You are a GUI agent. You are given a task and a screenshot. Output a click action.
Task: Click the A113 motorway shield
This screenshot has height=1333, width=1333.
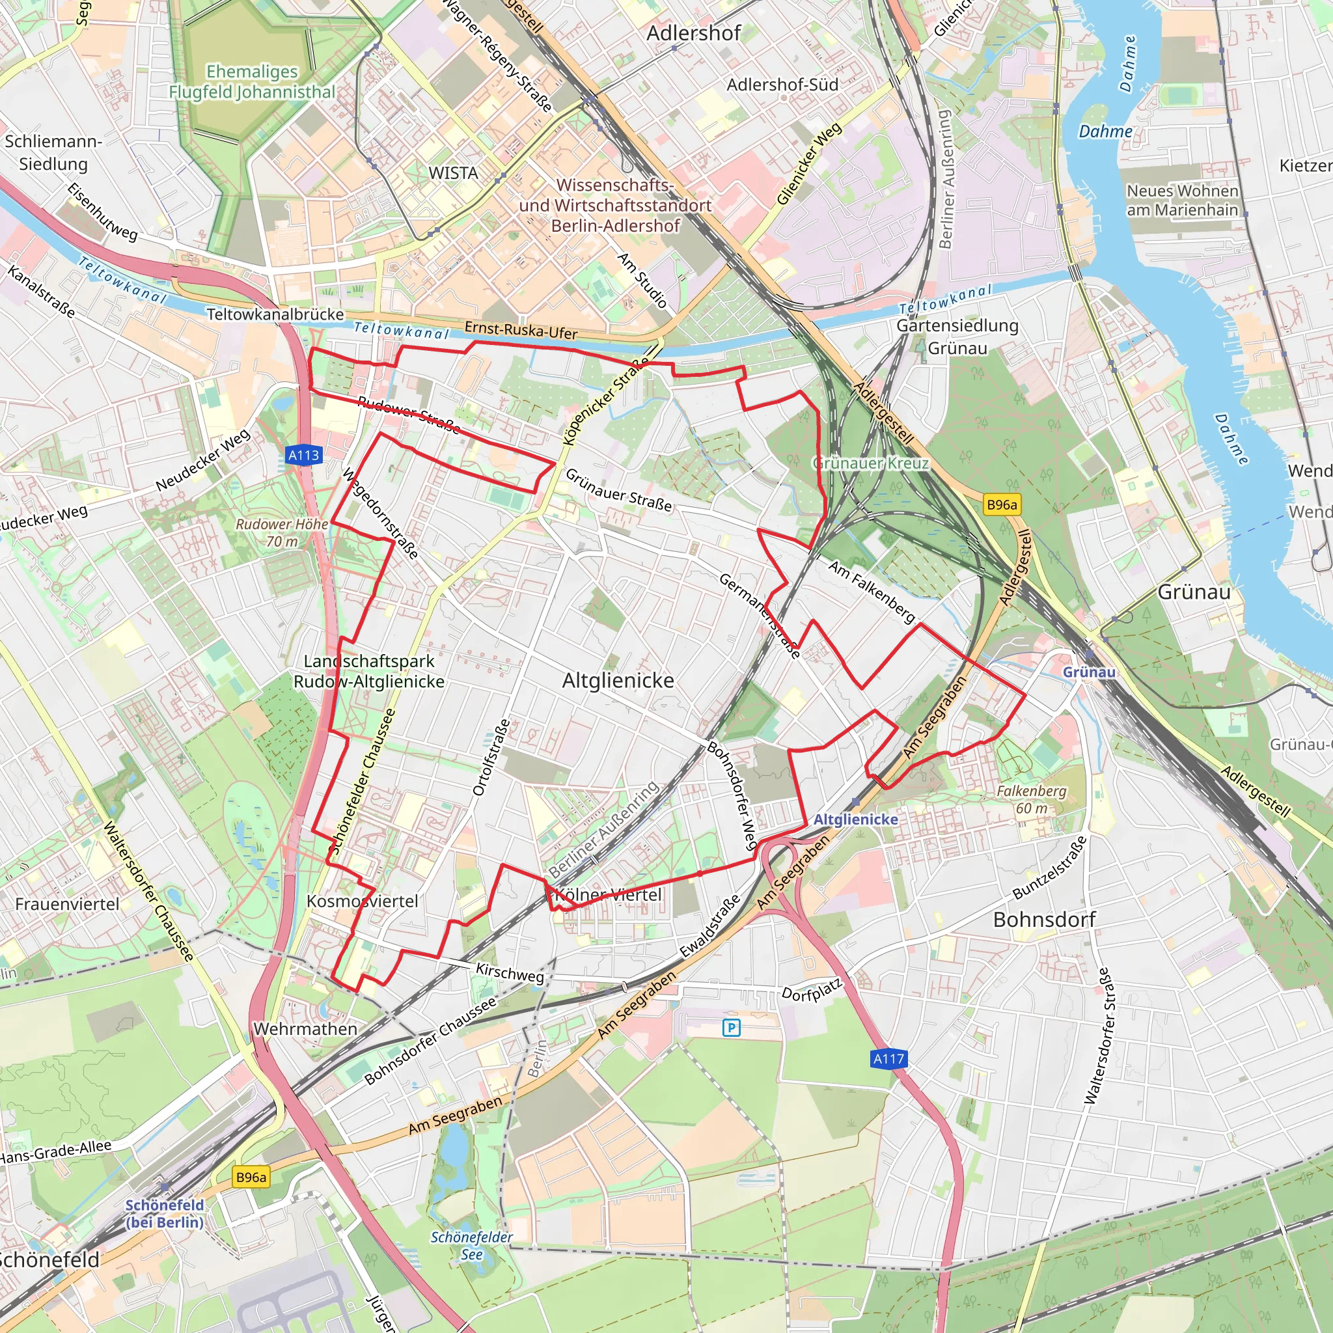[x=303, y=456]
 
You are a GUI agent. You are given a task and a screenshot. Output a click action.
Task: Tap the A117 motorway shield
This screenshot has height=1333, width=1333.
[x=888, y=1058]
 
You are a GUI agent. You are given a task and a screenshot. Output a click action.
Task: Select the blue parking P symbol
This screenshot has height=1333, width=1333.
[x=732, y=1028]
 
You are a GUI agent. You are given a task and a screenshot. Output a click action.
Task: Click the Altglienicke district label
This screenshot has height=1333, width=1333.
[x=618, y=681]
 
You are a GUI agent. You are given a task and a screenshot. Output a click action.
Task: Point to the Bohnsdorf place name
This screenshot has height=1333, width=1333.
[x=1044, y=920]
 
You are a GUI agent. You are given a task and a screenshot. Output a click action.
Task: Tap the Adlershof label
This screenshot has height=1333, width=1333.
[x=693, y=33]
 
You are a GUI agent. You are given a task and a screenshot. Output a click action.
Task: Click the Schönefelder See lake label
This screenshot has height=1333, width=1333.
[x=471, y=1245]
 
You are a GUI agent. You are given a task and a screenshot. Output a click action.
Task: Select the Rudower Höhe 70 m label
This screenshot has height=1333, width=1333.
[x=282, y=532]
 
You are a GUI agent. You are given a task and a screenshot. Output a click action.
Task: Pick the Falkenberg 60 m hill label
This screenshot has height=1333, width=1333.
[x=1032, y=799]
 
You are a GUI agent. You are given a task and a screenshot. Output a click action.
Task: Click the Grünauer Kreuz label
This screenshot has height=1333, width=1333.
[x=871, y=463]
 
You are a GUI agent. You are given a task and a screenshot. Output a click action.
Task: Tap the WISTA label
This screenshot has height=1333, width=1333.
[x=453, y=173]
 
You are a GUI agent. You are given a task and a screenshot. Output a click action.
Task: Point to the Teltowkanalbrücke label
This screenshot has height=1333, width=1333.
[x=275, y=314]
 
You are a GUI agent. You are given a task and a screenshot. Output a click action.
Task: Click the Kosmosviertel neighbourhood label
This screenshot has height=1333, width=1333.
[x=363, y=901]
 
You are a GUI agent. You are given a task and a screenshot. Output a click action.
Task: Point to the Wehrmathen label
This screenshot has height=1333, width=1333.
[x=305, y=1029]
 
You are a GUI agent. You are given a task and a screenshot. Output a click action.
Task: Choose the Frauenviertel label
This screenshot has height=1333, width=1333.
[x=67, y=904]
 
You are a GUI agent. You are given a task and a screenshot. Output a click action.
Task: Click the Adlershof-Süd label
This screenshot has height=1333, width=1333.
[x=782, y=85]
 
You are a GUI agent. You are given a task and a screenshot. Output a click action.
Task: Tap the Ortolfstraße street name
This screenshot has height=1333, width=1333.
[x=491, y=758]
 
